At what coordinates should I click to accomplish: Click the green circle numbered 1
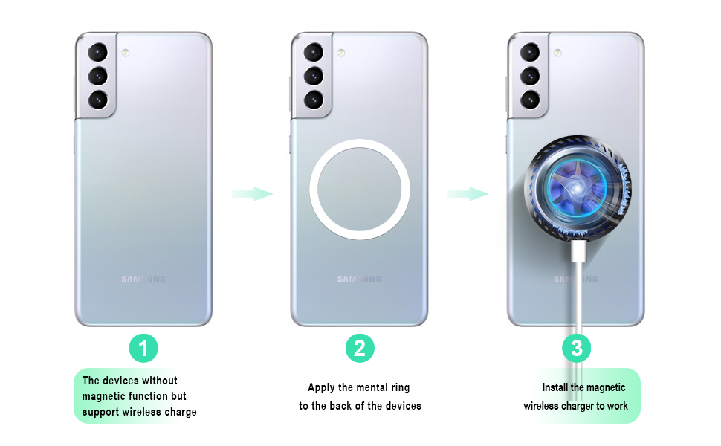click(143, 347)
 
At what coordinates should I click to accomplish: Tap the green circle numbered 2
click(360, 347)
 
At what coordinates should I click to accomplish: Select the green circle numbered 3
click(577, 347)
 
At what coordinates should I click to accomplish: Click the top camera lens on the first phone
click(98, 53)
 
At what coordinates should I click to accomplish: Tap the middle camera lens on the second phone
click(314, 75)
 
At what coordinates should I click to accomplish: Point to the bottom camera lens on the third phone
click(530, 99)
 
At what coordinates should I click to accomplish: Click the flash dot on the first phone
click(125, 53)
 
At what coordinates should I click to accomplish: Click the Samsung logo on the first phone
click(143, 279)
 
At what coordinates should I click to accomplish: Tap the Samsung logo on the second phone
click(360, 279)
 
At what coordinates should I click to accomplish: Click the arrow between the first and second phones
click(252, 194)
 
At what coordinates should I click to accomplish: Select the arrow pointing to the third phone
click(468, 194)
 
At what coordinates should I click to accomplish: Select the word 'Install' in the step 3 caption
click(556, 387)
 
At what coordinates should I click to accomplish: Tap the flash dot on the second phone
click(340, 53)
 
